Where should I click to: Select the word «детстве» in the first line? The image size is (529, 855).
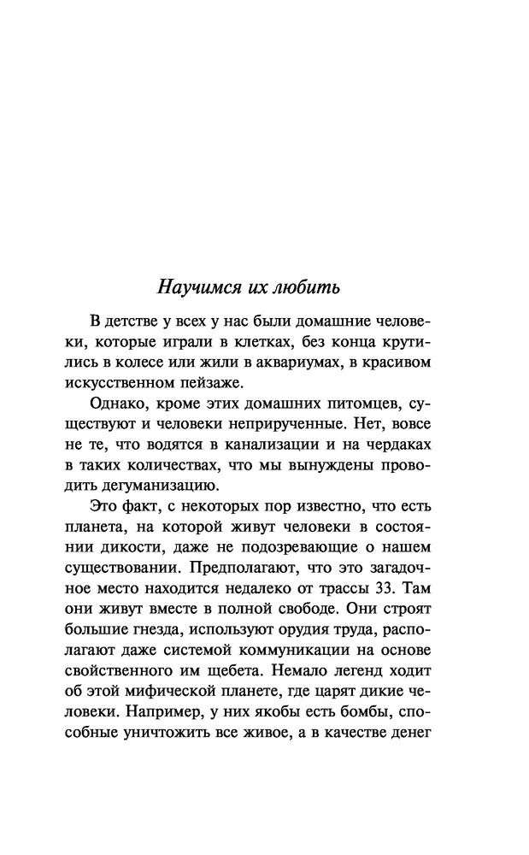(x=135, y=321)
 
